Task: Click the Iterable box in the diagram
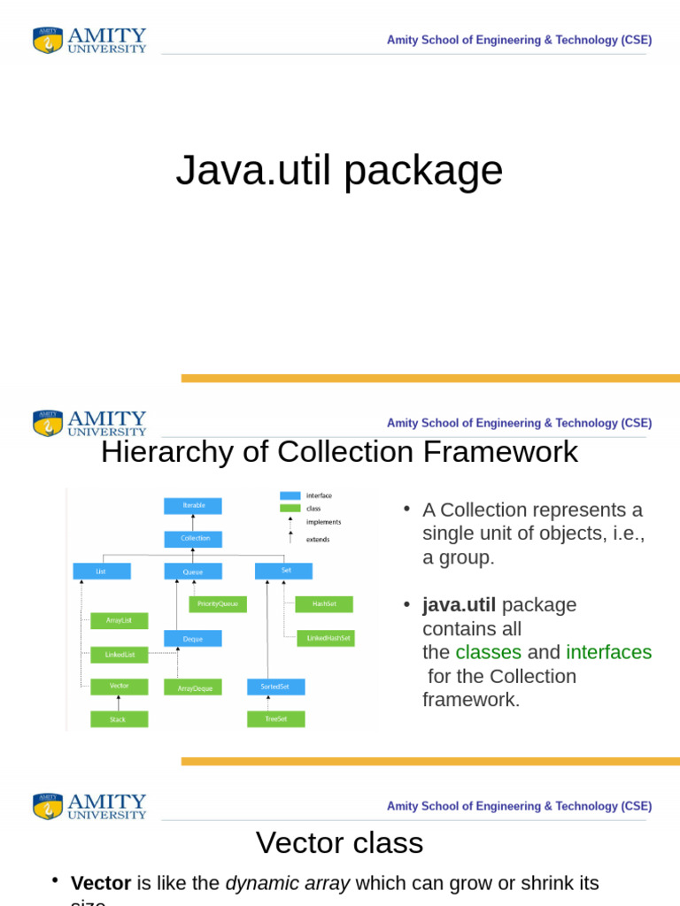pyautogui.click(x=193, y=505)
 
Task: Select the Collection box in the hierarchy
pyautogui.click(x=193, y=538)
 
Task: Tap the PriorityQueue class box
pyautogui.click(x=218, y=603)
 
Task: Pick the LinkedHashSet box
pyautogui.click(x=329, y=638)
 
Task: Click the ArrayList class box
pyautogui.click(x=120, y=620)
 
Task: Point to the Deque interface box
pyautogui.click(x=193, y=638)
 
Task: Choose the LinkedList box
pyautogui.click(x=120, y=655)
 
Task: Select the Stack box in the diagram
pyautogui.click(x=120, y=719)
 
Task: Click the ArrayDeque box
pyautogui.click(x=193, y=687)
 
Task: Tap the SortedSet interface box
pyautogui.click(x=275, y=687)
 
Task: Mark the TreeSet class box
pyautogui.click(x=275, y=719)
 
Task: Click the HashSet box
pyautogui.click(x=324, y=603)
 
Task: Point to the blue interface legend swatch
pyautogui.click(x=290, y=495)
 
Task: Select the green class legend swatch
pyautogui.click(x=290, y=509)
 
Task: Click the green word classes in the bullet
pyautogui.click(x=488, y=653)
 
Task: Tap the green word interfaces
pyautogui.click(x=608, y=653)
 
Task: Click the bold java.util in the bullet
pyautogui.click(x=459, y=605)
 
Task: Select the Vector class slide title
pyautogui.click(x=339, y=842)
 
